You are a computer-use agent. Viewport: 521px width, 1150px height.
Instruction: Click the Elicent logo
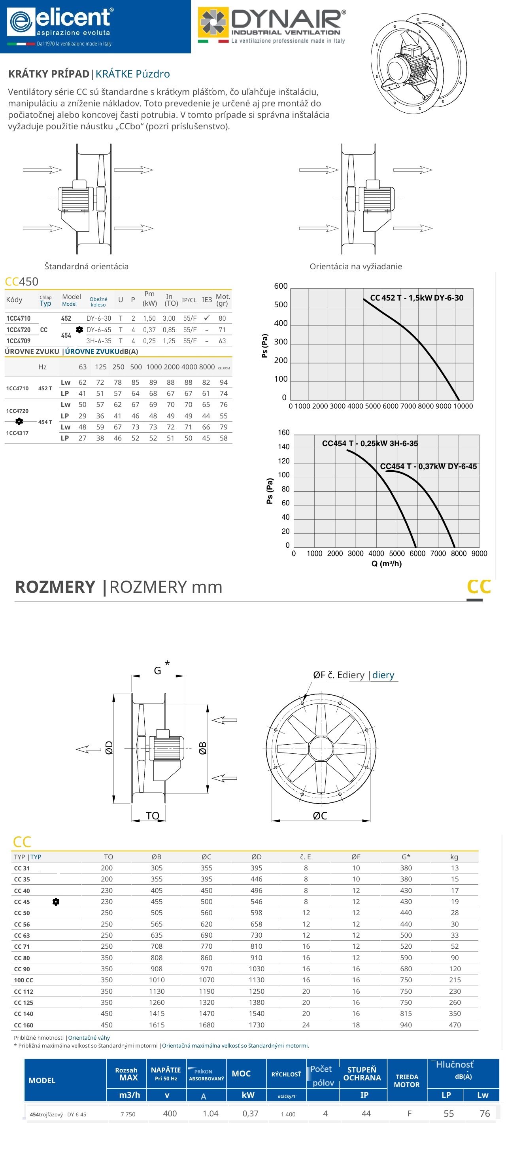pyautogui.click(x=60, y=22)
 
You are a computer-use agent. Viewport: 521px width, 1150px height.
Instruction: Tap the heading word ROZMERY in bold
pyautogui.click(x=55, y=586)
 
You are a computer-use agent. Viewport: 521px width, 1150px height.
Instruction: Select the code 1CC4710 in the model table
pyautogui.click(x=18, y=318)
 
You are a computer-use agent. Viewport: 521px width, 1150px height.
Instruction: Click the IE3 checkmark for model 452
pyautogui.click(x=206, y=318)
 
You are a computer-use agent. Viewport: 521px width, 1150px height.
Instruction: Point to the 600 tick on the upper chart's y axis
pyautogui.click(x=281, y=286)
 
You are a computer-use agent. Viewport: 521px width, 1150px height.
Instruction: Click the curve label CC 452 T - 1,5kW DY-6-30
pyautogui.click(x=417, y=298)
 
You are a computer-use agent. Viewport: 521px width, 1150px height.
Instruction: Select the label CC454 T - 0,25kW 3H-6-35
pyautogui.click(x=370, y=443)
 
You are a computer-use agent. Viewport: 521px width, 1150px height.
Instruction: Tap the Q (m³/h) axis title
pyautogui.click(x=386, y=564)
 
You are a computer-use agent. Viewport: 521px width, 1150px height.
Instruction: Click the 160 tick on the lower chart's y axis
pyautogui.click(x=284, y=433)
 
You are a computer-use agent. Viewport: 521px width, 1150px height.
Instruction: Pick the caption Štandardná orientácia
pyautogui.click(x=87, y=267)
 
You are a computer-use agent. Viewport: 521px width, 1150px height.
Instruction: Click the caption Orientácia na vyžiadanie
pyautogui.click(x=355, y=267)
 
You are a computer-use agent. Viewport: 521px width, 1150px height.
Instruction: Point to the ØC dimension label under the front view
pyautogui.click(x=320, y=815)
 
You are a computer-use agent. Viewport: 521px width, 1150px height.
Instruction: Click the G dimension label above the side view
pyautogui.click(x=157, y=671)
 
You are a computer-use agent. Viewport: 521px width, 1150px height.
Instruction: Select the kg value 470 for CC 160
pyautogui.click(x=455, y=1025)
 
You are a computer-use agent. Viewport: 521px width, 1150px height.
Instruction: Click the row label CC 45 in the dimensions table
pyautogui.click(x=22, y=902)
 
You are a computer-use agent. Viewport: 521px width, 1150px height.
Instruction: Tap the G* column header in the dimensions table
pyautogui.click(x=406, y=857)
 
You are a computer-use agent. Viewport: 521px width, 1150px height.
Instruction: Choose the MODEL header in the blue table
pyautogui.click(x=42, y=1080)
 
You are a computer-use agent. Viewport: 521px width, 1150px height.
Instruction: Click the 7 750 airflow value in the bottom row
pyautogui.click(x=128, y=1114)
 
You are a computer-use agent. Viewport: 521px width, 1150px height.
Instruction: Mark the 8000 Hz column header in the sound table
pyautogui.click(x=206, y=367)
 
